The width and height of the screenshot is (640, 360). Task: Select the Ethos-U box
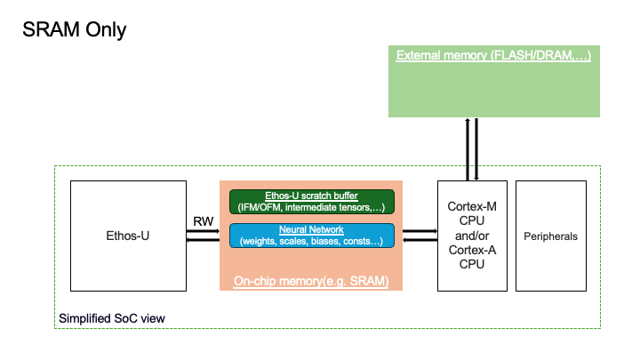pyautogui.click(x=127, y=236)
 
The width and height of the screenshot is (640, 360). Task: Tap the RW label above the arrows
pyautogui.click(x=202, y=220)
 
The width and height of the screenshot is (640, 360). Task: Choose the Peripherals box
pyautogui.click(x=550, y=236)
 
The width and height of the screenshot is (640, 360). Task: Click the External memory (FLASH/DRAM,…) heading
pyautogui.click(x=493, y=55)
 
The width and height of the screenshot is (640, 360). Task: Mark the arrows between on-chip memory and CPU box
pyautogui.click(x=420, y=236)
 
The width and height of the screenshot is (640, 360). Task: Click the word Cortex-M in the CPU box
pyautogui.click(x=474, y=206)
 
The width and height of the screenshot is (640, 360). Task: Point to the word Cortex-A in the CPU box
pyautogui.click(x=474, y=250)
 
